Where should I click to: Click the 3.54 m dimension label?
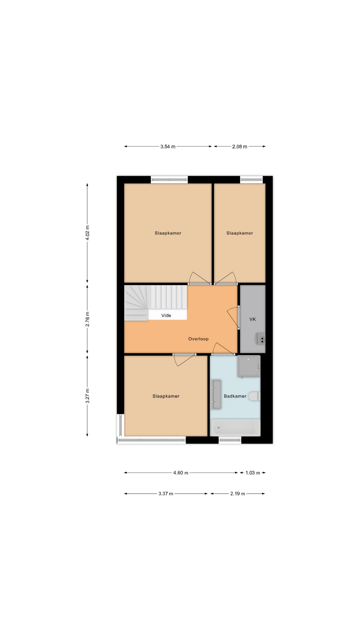click(168, 147)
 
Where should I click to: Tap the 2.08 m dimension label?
click(240, 147)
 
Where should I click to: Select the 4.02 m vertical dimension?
click(87, 233)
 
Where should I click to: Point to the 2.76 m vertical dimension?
click(87, 319)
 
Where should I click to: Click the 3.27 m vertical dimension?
click(87, 396)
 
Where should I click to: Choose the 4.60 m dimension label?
click(181, 473)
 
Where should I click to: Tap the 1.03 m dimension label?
click(253, 473)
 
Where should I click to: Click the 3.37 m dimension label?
click(166, 494)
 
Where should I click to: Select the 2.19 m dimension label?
click(238, 494)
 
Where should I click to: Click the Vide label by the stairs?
click(166, 315)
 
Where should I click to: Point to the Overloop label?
click(198, 339)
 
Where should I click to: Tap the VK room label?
click(253, 319)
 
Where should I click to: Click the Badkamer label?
click(235, 396)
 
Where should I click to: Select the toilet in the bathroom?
click(255, 396)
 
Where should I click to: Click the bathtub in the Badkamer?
click(235, 427)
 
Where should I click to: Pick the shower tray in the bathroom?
click(249, 366)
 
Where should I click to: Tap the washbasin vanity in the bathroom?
click(217, 394)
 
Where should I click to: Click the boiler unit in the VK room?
click(261, 339)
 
